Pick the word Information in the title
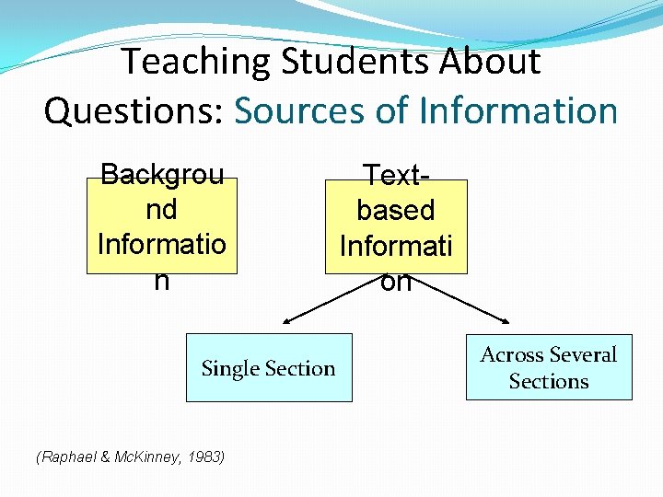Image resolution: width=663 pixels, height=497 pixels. point(518,111)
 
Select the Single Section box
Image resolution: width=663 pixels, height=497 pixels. point(269,367)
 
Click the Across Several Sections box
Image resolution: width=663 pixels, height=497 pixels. point(549,367)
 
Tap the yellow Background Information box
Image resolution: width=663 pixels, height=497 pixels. point(161,226)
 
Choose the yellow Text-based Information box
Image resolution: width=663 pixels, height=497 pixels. point(396,226)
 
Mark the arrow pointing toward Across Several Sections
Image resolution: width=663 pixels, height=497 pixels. point(479,306)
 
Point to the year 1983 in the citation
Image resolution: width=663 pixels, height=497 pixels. point(204,456)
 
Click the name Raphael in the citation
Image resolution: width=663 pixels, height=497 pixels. point(64,456)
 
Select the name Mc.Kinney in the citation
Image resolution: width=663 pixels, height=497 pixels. point(139,456)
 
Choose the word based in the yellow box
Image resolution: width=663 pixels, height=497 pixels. point(396,210)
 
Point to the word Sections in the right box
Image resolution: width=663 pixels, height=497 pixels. point(549,381)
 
